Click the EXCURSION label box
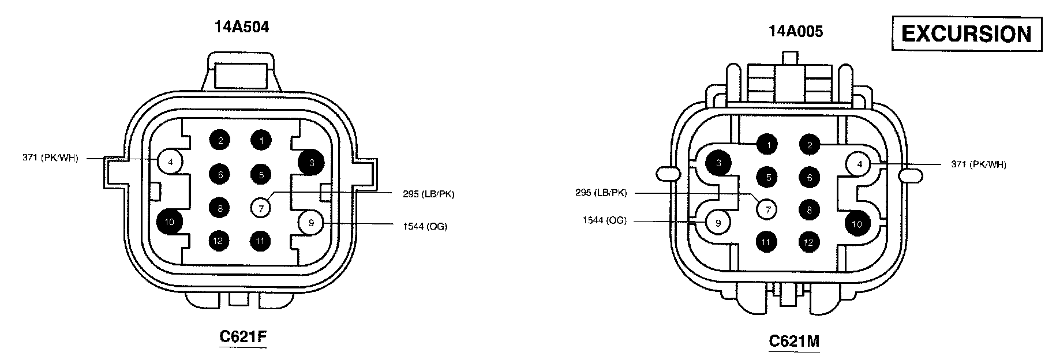[967, 34]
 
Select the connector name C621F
[243, 336]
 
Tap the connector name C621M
[794, 341]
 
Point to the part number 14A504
[242, 27]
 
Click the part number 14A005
[795, 31]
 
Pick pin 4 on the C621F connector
[171, 162]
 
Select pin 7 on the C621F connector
[261, 208]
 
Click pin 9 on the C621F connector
[311, 223]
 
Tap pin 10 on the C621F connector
[170, 222]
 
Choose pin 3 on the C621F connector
[312, 163]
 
